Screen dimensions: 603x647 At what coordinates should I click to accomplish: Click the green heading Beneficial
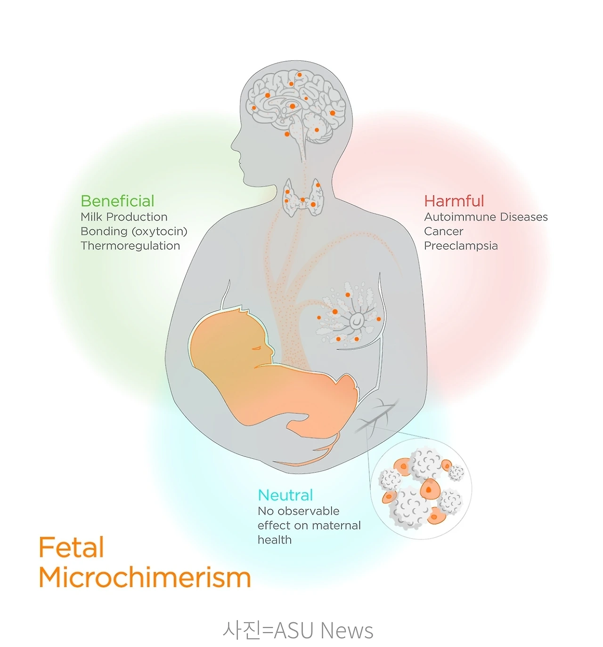tap(117, 201)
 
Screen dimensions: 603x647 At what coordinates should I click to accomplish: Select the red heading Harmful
tap(454, 201)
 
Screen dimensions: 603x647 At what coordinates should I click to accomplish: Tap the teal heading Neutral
tap(285, 495)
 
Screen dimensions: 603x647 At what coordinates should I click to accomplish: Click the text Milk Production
tap(124, 217)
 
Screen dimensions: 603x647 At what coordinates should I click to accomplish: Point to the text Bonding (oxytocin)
tap(134, 232)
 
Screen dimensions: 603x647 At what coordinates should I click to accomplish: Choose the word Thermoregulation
tap(130, 246)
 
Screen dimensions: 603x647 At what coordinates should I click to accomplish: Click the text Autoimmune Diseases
tap(486, 217)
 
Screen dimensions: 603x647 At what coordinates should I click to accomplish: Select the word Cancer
tap(443, 232)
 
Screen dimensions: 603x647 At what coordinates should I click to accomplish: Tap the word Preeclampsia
tap(461, 246)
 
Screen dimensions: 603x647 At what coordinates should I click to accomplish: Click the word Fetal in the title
tap(71, 548)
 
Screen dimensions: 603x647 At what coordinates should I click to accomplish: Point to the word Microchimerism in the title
tap(145, 577)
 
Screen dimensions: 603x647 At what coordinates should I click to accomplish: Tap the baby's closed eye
tap(257, 348)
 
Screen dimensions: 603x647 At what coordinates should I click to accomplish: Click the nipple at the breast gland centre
tap(357, 320)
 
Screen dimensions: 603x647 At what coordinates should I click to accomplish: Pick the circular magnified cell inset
tap(421, 489)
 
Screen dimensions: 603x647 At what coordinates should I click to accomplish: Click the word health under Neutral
tap(274, 540)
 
